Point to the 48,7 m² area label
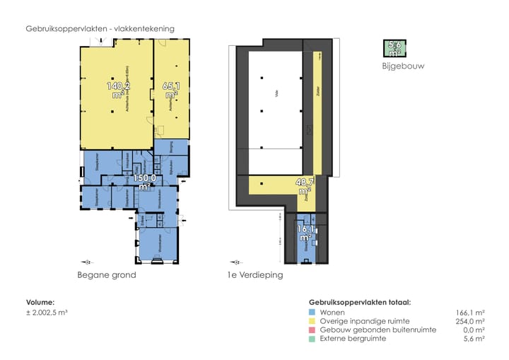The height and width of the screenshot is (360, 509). pyautogui.click(x=305, y=186)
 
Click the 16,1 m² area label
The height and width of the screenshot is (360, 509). pyautogui.click(x=305, y=233)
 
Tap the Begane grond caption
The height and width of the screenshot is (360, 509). pyautogui.click(x=107, y=274)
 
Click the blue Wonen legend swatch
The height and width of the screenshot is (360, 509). pyautogui.click(x=312, y=311)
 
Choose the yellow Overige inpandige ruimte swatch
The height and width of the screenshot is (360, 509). pyautogui.click(x=312, y=320)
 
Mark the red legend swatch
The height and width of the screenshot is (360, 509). pyautogui.click(x=312, y=330)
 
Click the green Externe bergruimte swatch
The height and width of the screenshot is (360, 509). pyautogui.click(x=312, y=339)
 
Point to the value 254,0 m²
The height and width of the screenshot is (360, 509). pyautogui.click(x=470, y=320)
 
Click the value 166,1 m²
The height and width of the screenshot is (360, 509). pyautogui.click(x=470, y=311)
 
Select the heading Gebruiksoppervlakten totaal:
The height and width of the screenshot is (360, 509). pyautogui.click(x=360, y=302)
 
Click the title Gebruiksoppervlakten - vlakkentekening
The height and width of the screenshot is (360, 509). pyautogui.click(x=100, y=28)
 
